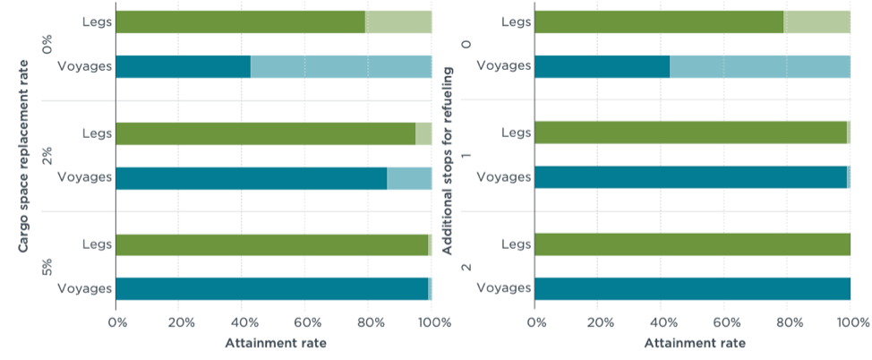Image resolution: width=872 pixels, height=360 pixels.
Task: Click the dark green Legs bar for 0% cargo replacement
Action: click(240, 21)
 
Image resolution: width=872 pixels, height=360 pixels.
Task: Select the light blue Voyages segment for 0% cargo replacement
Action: click(340, 66)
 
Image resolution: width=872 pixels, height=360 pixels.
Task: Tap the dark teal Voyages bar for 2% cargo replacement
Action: click(251, 177)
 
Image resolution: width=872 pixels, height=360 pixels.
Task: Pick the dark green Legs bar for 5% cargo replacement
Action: click(271, 244)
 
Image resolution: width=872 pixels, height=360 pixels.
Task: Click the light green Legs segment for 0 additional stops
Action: click(816, 21)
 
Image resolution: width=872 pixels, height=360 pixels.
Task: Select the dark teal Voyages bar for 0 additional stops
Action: click(602, 66)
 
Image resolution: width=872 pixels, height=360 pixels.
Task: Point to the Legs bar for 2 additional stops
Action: click(692, 244)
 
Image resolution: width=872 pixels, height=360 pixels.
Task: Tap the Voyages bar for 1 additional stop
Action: click(690, 177)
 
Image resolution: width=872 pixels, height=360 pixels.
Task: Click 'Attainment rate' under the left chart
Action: click(275, 343)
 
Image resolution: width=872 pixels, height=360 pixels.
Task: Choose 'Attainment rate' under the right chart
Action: click(694, 343)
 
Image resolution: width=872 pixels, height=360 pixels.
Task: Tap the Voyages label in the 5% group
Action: click(84, 288)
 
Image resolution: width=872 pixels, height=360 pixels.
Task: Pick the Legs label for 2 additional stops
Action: click(517, 244)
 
